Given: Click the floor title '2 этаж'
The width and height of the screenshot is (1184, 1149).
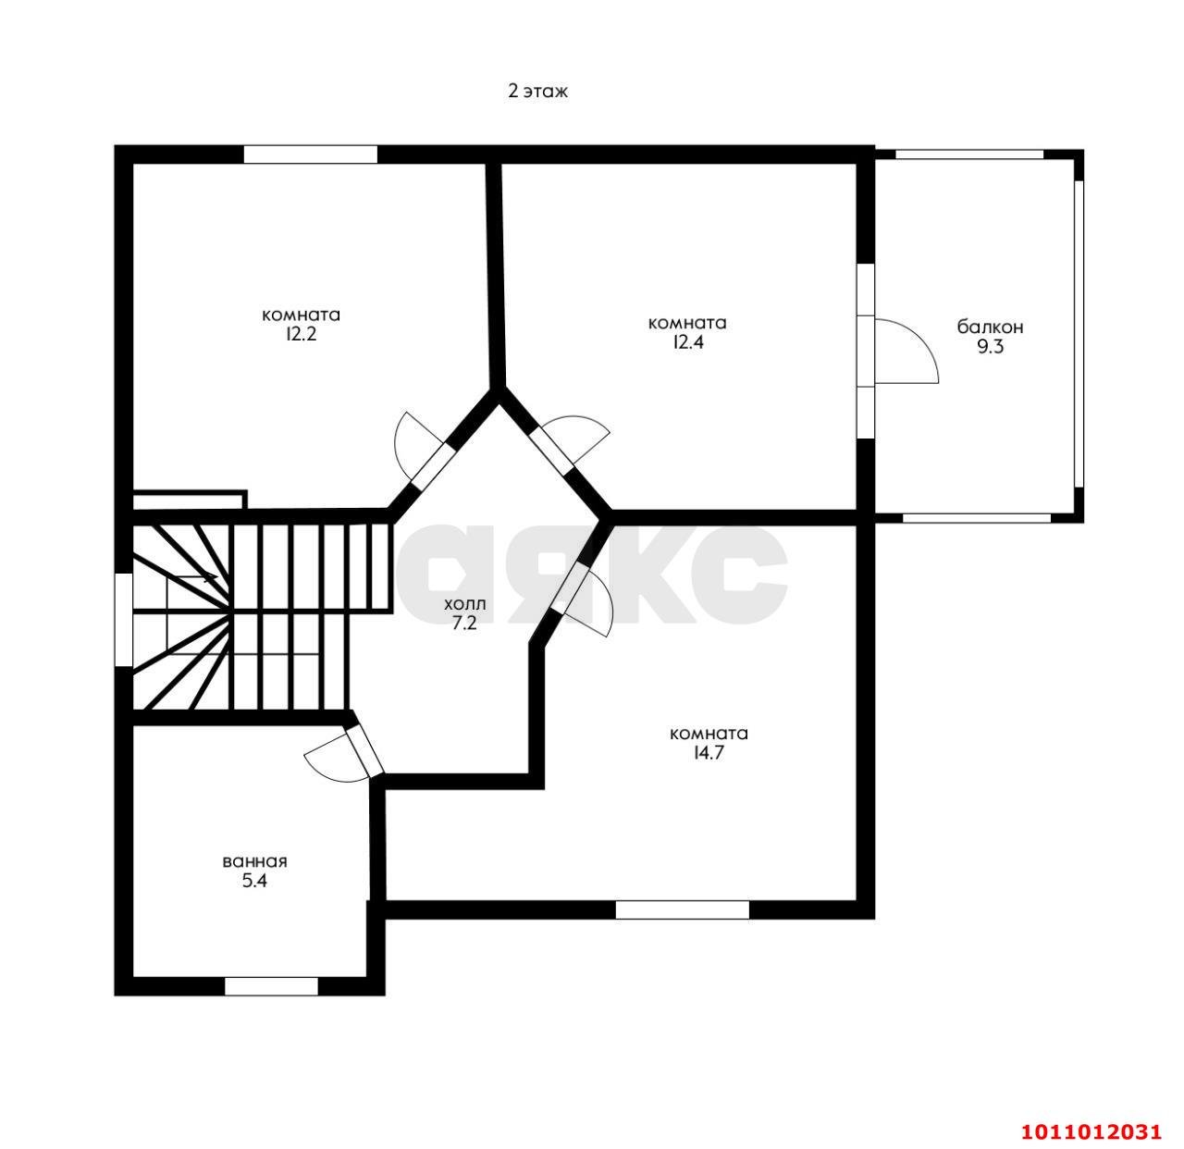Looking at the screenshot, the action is pyautogui.click(x=537, y=92).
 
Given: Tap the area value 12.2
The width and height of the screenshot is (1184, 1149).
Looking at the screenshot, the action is pyautogui.click(x=302, y=335).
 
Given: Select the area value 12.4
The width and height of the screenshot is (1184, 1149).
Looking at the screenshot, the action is pyautogui.click(x=688, y=342).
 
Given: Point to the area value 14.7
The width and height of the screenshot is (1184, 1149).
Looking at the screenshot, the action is pyautogui.click(x=709, y=753).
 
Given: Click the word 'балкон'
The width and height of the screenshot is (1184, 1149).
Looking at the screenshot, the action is pyautogui.click(x=990, y=327).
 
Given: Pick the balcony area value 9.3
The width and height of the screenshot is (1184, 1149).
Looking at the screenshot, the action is pyautogui.click(x=990, y=347).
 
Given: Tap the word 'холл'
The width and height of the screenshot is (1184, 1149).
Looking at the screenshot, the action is pyautogui.click(x=465, y=604).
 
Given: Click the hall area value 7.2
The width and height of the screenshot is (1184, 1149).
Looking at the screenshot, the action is pyautogui.click(x=464, y=624).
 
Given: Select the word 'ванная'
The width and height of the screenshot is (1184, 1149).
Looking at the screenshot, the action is pyautogui.click(x=255, y=862).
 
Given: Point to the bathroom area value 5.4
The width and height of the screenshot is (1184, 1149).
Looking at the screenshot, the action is pyautogui.click(x=254, y=882).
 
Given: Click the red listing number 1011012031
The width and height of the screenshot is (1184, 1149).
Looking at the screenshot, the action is pyautogui.click(x=1091, y=1131).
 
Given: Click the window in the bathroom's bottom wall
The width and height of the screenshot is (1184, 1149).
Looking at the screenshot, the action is pyautogui.click(x=271, y=986).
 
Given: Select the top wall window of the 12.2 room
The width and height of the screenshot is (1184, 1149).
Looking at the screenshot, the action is pyautogui.click(x=311, y=154).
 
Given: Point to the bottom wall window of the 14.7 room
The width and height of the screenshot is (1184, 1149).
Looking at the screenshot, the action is pyautogui.click(x=682, y=909).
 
